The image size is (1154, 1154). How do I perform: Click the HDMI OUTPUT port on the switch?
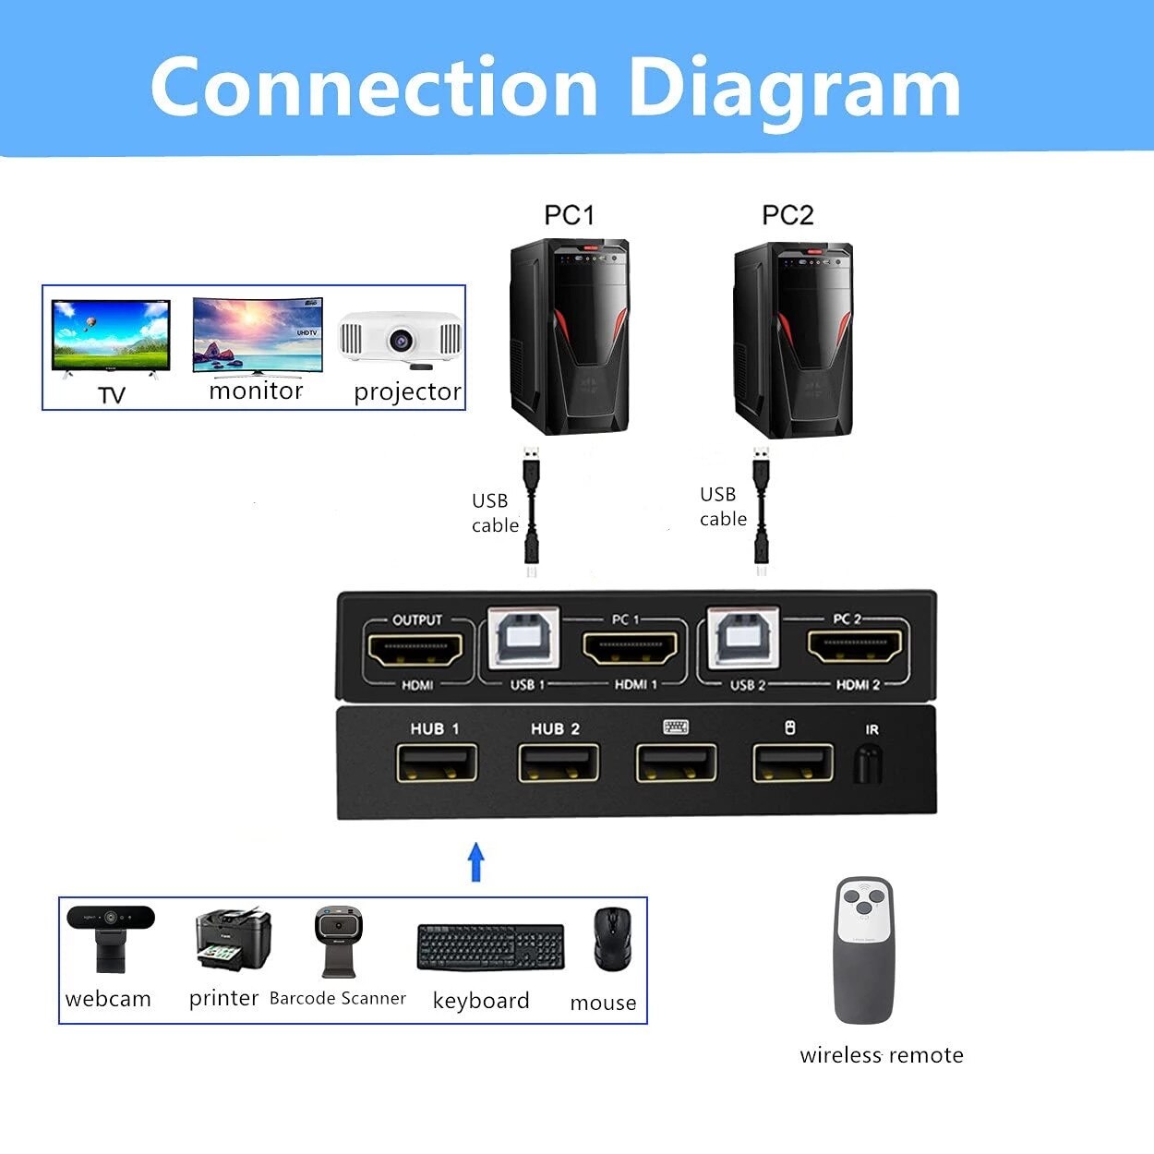(415, 651)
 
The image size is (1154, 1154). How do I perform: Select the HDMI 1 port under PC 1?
(631, 650)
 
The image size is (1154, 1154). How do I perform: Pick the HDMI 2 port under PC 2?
(855, 649)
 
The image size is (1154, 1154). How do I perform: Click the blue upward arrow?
(476, 861)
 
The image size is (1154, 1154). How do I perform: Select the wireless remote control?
(864, 951)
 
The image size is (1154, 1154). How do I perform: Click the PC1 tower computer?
(570, 337)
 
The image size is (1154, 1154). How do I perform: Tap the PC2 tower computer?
(792, 340)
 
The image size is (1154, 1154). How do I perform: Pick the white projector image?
(400, 338)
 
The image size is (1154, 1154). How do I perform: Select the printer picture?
(233, 939)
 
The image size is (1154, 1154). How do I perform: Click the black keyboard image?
(490, 947)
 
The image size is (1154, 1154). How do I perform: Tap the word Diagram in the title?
(794, 88)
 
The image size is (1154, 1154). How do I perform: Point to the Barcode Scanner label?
(337, 998)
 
